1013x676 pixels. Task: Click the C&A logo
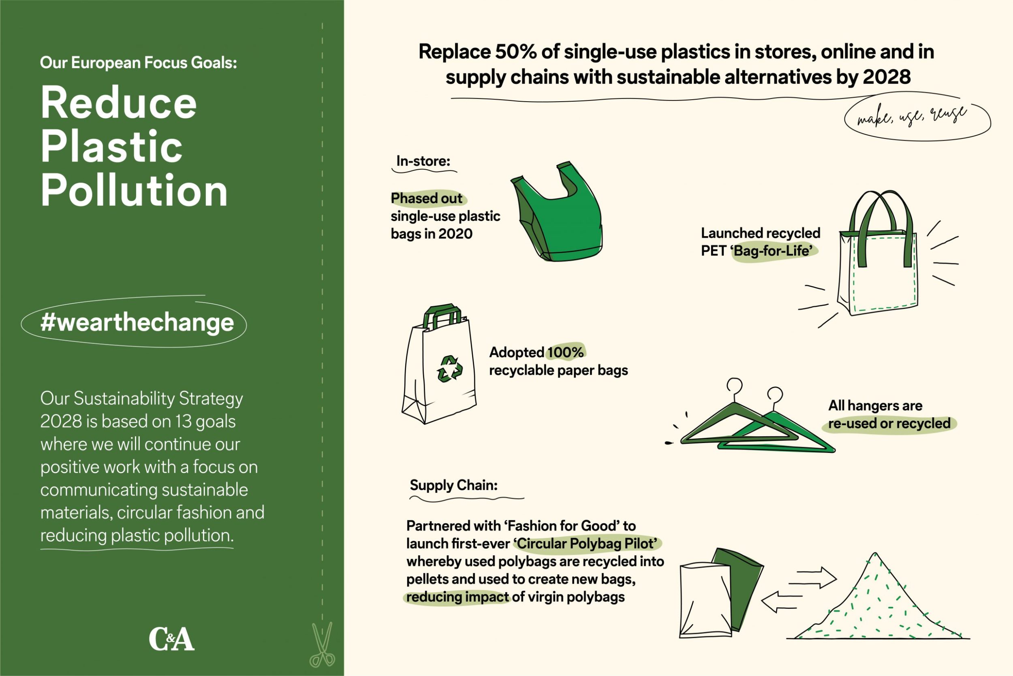172,639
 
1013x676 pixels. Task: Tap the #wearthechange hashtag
137,322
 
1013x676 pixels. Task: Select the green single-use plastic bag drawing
557,212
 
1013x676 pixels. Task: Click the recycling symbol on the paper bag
449,369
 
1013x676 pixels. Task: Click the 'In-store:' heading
423,161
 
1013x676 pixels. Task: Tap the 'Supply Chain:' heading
454,486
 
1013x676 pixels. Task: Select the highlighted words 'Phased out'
427,198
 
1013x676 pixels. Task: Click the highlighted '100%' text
565,352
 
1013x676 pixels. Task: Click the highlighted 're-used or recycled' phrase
889,423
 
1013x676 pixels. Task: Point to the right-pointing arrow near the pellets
816,577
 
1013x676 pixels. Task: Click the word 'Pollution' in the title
134,190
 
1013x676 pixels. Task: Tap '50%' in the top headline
516,52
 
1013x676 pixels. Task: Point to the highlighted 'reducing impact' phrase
457,597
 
